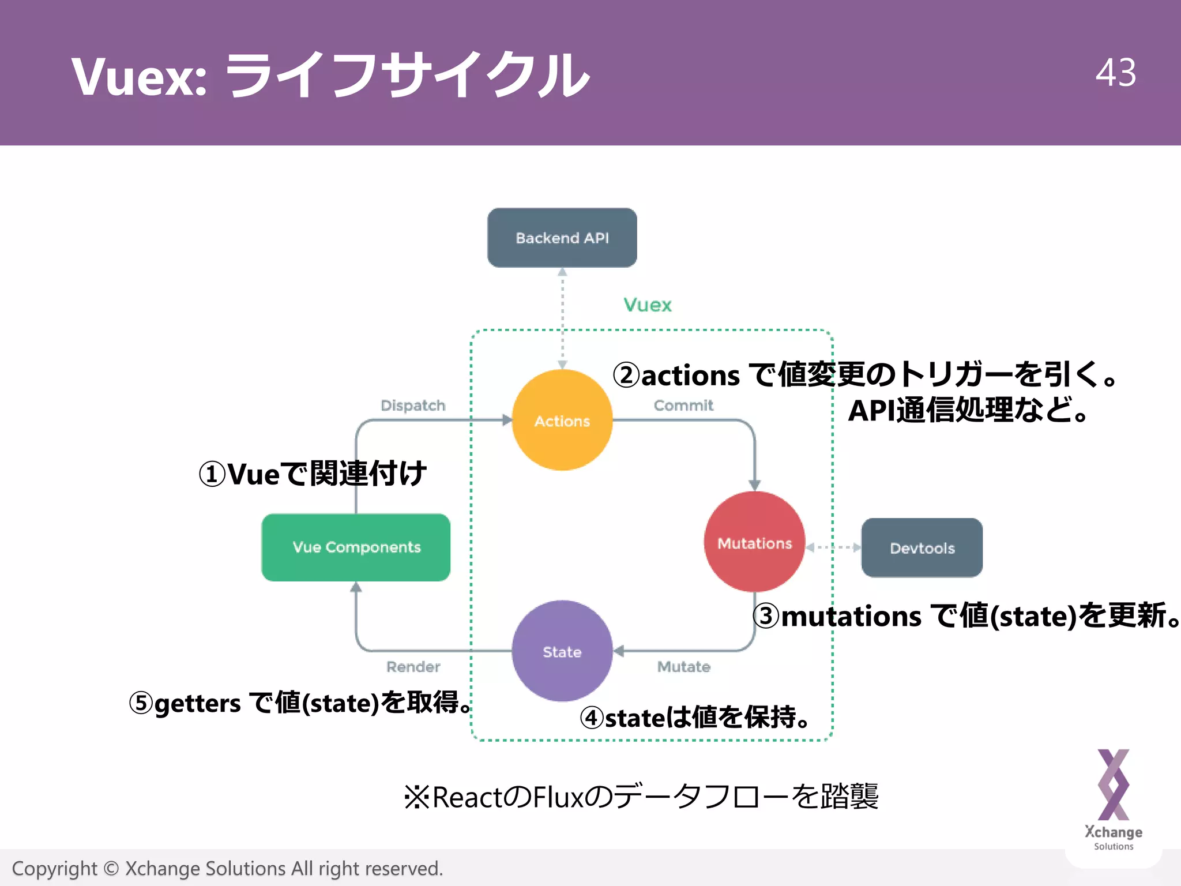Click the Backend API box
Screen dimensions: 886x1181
point(562,238)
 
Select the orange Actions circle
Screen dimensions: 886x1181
point(562,421)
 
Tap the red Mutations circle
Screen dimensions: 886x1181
point(754,542)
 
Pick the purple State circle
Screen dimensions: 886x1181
point(562,651)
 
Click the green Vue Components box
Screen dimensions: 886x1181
point(356,547)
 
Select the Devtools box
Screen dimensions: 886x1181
point(922,547)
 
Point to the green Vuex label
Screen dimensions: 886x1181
point(648,305)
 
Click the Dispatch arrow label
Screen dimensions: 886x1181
point(413,405)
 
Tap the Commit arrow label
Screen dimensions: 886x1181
point(683,405)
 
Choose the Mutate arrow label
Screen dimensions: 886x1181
point(684,667)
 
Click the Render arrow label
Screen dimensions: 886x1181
point(413,667)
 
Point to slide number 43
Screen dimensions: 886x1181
point(1116,73)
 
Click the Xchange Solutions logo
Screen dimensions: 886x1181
point(1114,799)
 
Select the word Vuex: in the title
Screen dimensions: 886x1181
point(139,77)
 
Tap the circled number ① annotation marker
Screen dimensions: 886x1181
point(212,475)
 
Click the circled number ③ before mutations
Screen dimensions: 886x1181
point(766,616)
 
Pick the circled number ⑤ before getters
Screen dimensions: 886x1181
point(141,703)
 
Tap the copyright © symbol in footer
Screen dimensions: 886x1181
point(111,869)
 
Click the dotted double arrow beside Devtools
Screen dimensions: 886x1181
point(833,547)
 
